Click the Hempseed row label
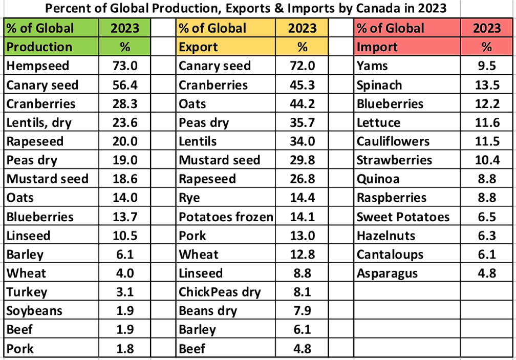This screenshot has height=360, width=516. (x=38, y=66)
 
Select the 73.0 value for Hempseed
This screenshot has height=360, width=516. (x=125, y=66)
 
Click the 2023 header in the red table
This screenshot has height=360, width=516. (x=486, y=28)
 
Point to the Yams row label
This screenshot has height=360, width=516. (x=372, y=66)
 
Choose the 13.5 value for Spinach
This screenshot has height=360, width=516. (x=486, y=84)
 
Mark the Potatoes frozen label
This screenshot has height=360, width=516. (x=226, y=217)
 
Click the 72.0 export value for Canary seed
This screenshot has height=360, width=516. (x=302, y=66)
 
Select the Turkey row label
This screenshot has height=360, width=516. (x=27, y=292)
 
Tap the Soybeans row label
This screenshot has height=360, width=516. (x=34, y=311)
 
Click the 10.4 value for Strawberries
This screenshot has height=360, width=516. (x=486, y=160)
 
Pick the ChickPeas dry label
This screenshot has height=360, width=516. (x=220, y=292)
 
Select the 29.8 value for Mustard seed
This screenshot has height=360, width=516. (x=302, y=160)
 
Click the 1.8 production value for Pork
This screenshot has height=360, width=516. (x=125, y=349)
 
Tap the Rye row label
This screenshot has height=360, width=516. (x=189, y=198)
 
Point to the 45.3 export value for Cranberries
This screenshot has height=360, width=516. (x=302, y=84)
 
